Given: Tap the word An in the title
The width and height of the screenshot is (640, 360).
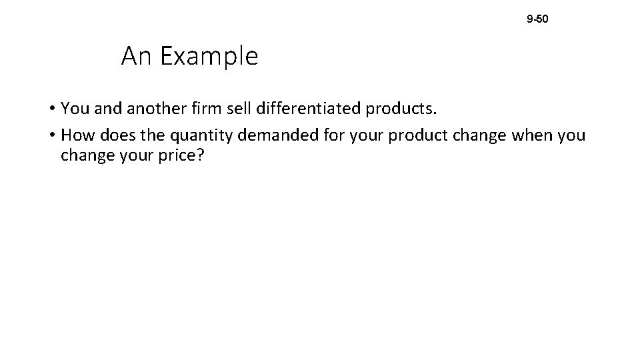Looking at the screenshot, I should tap(136, 57).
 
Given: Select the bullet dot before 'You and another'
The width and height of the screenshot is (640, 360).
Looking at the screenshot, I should tap(51, 108).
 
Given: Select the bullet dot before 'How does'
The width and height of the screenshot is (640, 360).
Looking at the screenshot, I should tap(51, 136).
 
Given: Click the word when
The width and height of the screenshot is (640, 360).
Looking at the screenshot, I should tap(532, 136).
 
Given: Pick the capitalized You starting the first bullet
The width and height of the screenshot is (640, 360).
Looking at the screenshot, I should tap(74, 108).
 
